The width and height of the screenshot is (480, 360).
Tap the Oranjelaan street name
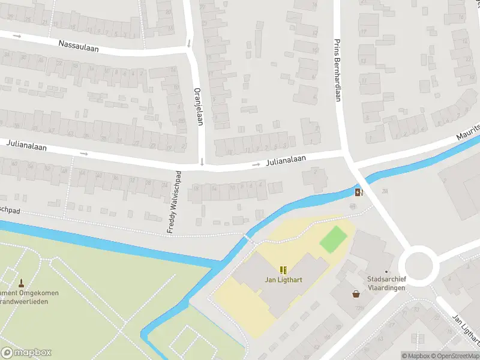click(197, 107)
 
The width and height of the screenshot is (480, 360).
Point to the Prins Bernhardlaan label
click(337, 70)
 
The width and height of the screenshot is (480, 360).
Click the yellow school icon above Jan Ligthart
click(283, 270)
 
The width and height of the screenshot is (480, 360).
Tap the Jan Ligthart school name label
click(283, 280)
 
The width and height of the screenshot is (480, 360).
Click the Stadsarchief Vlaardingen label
click(386, 284)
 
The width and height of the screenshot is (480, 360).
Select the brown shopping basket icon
click(356, 294)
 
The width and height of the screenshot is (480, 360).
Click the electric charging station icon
click(359, 192)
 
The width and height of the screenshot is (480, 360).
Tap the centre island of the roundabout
click(418, 264)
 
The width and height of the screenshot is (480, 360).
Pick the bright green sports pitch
click(333, 238)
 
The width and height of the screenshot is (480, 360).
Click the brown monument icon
click(21, 283)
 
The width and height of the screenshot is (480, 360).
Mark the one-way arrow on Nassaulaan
click(17, 37)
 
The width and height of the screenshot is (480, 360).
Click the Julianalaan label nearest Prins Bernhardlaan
click(286, 159)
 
